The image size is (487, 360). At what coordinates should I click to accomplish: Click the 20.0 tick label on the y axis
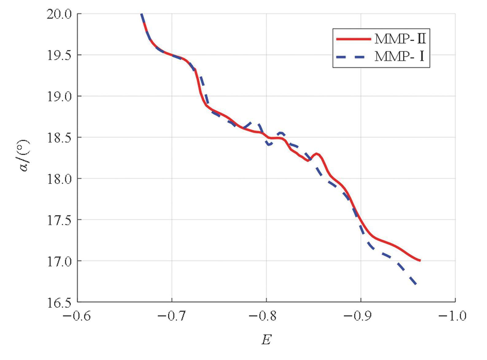pos(59,14)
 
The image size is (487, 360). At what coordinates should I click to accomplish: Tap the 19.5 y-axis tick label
pos(59,55)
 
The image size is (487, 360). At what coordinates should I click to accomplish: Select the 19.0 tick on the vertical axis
pos(59,96)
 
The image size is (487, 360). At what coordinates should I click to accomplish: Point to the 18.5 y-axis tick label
pos(59,138)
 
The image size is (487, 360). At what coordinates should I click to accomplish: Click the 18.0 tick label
pos(59,179)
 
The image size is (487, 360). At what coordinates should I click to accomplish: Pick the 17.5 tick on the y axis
pos(59,220)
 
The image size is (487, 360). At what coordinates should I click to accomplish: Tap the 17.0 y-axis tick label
pos(59,261)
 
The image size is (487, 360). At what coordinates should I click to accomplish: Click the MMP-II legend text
pos(400,39)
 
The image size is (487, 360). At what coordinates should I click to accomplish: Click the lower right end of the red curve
pos(419,260)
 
